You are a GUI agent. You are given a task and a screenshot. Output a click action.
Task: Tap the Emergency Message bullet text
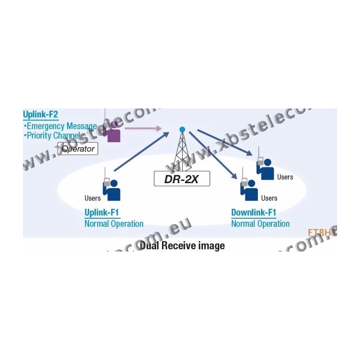click(x=61, y=126)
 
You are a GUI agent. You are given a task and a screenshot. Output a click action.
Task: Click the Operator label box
click(x=78, y=148)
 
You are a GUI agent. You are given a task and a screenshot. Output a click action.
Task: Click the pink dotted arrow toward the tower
click(x=143, y=128)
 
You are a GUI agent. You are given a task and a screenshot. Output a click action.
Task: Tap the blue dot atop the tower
click(x=182, y=130)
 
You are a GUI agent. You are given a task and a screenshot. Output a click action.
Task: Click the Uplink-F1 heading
click(x=102, y=212)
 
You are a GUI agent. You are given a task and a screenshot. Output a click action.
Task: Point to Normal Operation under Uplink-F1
click(x=114, y=224)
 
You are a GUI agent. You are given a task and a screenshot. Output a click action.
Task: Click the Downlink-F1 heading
click(x=254, y=212)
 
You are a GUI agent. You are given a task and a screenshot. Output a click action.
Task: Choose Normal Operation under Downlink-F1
click(x=261, y=224)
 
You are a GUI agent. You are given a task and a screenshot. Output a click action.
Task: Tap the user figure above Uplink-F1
click(x=112, y=189)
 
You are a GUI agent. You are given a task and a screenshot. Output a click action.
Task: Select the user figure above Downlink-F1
click(x=249, y=189)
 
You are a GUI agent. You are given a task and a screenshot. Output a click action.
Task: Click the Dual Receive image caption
click(x=182, y=246)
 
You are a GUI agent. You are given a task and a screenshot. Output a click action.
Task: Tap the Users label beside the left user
click(x=93, y=198)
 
